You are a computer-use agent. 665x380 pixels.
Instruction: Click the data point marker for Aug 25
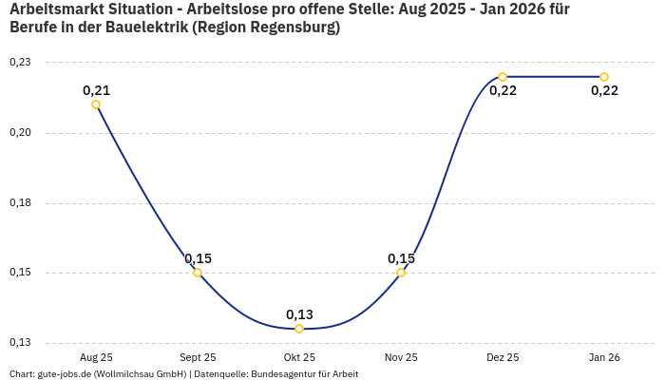point(96,104)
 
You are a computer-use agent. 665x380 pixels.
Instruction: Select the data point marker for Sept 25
point(198,273)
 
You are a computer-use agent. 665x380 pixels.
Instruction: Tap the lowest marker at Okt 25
point(299,329)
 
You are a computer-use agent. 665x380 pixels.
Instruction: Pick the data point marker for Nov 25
point(401,273)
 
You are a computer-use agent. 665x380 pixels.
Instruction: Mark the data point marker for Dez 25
point(503,77)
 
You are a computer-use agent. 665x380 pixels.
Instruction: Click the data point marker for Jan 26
point(604,77)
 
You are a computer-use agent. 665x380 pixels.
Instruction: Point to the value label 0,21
point(96,90)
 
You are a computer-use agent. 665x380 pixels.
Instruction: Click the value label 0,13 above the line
point(299,314)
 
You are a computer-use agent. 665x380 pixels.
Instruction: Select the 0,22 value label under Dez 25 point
point(503,91)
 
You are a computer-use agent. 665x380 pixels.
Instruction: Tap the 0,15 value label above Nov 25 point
point(401,258)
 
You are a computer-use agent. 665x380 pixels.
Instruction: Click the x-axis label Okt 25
point(299,357)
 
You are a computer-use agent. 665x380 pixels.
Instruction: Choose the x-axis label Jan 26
point(604,357)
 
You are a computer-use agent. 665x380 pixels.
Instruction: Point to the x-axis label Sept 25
point(198,357)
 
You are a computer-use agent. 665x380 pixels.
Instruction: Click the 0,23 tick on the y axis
point(20,63)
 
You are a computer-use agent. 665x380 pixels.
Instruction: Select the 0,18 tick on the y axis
point(20,203)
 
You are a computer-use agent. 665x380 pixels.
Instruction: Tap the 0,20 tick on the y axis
point(20,133)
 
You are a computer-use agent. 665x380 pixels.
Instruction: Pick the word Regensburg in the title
point(289,28)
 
